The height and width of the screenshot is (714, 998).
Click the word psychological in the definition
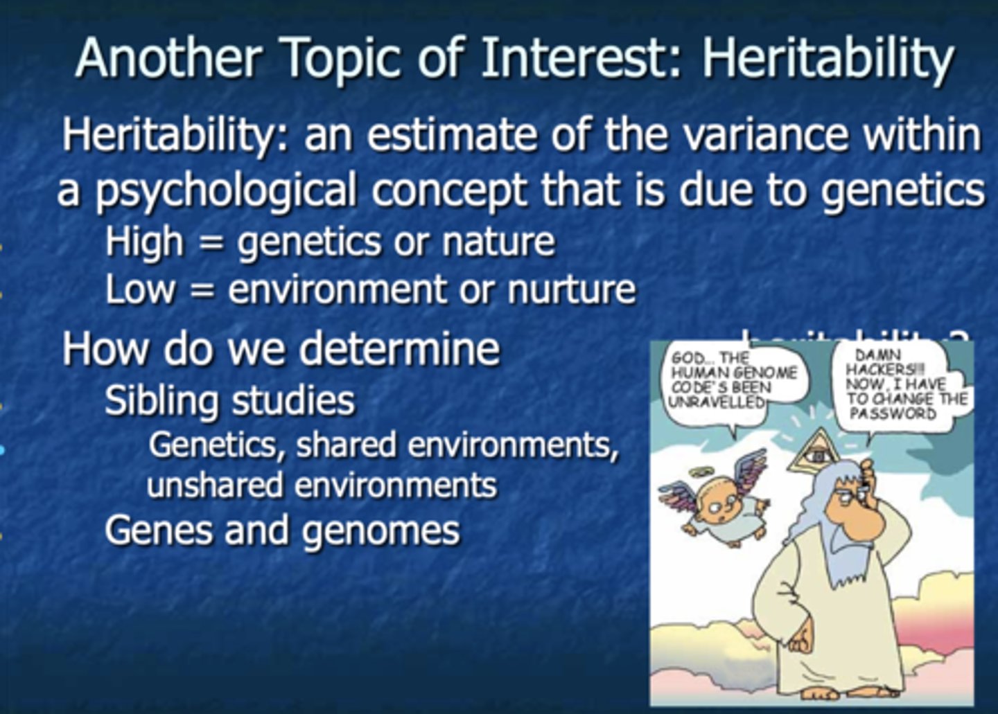point(226,191)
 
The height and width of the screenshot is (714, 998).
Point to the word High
point(145,242)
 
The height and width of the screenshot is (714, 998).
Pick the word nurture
point(571,289)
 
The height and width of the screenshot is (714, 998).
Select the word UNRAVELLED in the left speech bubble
point(717,401)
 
